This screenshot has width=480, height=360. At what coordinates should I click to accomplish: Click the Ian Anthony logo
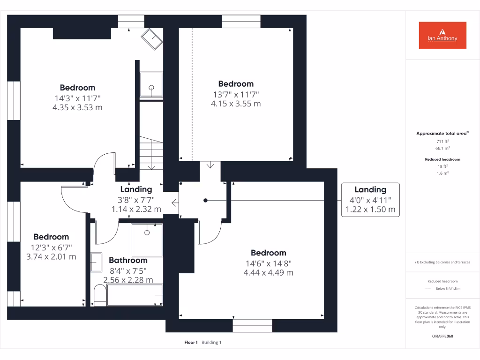pos(442,35)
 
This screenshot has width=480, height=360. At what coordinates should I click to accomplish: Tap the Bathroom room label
pos(128,260)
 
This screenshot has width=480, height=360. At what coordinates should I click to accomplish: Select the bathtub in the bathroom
pos(134,295)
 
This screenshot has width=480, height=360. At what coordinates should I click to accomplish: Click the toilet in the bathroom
pos(99,295)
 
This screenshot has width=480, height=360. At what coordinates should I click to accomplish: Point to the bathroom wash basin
pos(96,262)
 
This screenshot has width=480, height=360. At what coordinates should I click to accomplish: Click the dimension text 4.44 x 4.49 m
pos(269,273)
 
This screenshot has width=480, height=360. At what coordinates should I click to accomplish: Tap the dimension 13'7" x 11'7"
pos(236,94)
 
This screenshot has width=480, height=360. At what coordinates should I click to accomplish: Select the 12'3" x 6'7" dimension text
pos(52,247)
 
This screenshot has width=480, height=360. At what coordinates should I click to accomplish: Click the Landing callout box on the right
pos(370,199)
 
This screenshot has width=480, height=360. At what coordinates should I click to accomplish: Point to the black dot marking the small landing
pos(205,200)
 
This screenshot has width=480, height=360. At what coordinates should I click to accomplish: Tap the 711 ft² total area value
pos(442,141)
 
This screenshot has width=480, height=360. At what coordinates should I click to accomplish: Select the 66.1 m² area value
pos(442,148)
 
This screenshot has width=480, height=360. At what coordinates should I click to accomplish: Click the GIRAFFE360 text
pos(442,336)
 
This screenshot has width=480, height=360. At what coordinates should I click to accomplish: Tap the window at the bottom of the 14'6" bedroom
pos(252,325)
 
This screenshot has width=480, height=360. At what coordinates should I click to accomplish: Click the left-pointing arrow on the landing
pos(174,203)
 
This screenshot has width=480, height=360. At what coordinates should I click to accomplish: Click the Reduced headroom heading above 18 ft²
pos(442,159)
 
